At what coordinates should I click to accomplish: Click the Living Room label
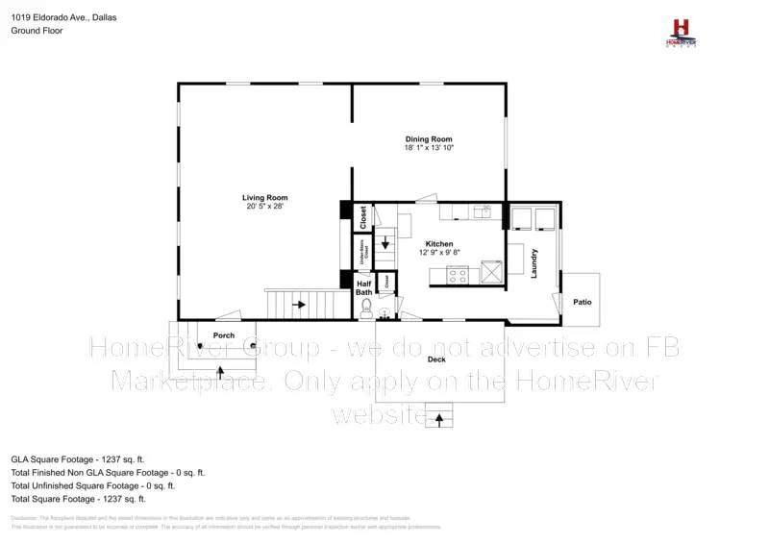coord(264,198)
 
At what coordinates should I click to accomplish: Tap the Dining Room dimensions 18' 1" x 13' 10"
coord(428,148)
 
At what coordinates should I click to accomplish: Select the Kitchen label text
coord(438,244)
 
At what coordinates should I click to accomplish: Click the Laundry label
coord(533,263)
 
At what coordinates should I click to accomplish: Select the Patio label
coord(583,302)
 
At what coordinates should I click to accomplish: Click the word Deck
coord(436,359)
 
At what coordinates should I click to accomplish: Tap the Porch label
coord(224,335)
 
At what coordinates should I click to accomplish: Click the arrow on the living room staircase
coord(300,305)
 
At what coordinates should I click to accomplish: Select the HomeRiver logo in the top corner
coord(682,31)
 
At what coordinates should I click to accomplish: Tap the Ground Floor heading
coord(36,31)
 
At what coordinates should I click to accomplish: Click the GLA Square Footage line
coord(77,460)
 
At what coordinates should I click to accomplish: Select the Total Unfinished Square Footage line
coord(92,486)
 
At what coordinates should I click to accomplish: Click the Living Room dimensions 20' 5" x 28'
coord(264,207)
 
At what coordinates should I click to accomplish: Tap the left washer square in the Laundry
coord(520,218)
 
